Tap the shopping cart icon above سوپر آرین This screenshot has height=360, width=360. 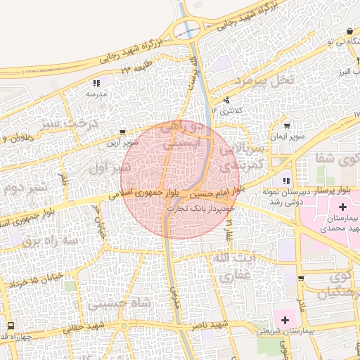pos(124,131)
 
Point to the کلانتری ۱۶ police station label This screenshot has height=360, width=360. pos(230,111)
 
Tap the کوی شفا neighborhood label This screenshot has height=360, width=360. pos(343,157)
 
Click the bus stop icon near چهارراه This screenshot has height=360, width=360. pos(11,326)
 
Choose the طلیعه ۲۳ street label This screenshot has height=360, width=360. pos(136,68)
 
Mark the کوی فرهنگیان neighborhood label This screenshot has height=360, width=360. pos(333,285)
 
